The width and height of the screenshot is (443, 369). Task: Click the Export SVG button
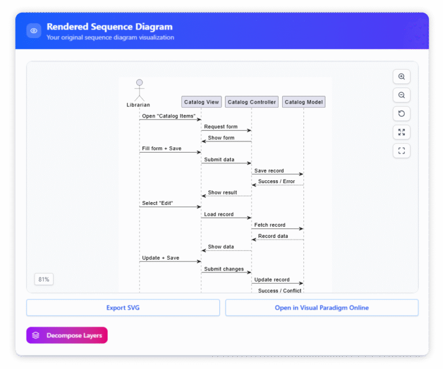click(123, 308)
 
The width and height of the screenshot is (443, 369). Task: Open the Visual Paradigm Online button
click(321, 308)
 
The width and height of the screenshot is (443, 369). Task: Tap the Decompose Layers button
click(67, 335)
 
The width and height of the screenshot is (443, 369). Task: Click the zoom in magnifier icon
click(401, 77)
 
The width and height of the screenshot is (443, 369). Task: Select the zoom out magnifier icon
click(401, 95)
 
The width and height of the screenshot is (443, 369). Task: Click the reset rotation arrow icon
click(401, 113)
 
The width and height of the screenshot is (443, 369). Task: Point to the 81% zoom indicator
click(44, 279)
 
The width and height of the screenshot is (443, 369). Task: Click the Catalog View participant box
click(201, 102)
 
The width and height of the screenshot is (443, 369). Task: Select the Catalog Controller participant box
click(251, 102)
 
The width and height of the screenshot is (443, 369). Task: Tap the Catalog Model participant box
click(304, 102)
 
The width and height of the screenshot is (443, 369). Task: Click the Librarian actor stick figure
click(139, 90)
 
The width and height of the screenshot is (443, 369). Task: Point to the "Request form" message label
click(220, 127)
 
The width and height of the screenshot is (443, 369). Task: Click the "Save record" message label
click(269, 171)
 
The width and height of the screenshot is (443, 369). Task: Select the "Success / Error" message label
click(276, 181)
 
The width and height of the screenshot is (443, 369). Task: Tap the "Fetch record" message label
click(269, 225)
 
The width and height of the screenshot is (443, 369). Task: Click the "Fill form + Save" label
click(162, 149)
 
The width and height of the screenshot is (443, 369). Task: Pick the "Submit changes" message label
click(224, 269)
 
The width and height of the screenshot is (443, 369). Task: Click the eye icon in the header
click(34, 31)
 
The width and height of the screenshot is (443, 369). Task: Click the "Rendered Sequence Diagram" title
click(110, 26)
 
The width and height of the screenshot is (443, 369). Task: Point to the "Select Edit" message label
click(157, 203)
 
